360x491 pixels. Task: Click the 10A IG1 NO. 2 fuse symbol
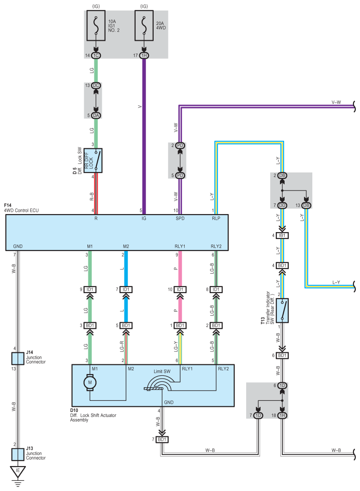(x=96, y=26)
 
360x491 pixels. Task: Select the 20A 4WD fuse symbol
(x=144, y=26)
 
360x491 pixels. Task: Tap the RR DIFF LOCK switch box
(x=93, y=160)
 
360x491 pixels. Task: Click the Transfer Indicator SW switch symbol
(x=282, y=311)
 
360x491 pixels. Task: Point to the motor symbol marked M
(x=90, y=382)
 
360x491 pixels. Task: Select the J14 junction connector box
(x=18, y=359)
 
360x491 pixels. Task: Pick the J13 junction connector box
(x=18, y=454)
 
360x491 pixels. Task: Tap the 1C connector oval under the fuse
(x=96, y=55)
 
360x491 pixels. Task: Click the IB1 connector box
(x=282, y=235)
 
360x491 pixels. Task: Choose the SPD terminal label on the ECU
(x=180, y=218)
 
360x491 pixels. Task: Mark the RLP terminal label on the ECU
(x=216, y=218)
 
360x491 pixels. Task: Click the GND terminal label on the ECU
(x=18, y=246)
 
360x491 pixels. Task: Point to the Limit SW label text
(x=162, y=371)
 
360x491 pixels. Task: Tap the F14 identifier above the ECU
(x=7, y=205)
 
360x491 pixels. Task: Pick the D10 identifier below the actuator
(x=74, y=410)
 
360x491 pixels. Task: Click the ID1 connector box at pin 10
(x=180, y=289)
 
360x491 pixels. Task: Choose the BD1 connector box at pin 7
(x=162, y=440)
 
